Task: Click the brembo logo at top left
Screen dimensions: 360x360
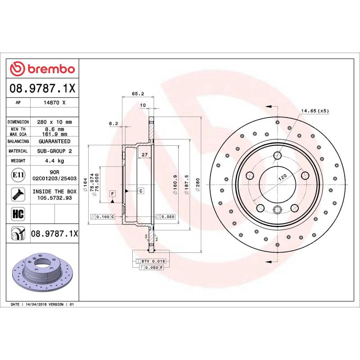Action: [x=43, y=69]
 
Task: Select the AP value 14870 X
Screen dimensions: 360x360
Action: [x=54, y=103]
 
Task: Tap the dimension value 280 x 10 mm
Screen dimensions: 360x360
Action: [x=54, y=122]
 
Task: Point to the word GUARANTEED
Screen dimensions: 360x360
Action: [x=54, y=141]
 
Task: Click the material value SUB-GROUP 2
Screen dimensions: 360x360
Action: [x=54, y=151]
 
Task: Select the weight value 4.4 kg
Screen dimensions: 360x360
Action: [x=54, y=161]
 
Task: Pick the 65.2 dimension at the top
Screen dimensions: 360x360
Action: [x=138, y=94]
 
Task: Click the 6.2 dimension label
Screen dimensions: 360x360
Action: [x=113, y=123]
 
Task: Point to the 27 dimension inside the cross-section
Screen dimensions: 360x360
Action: [x=144, y=155]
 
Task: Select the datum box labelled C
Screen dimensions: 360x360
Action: [x=141, y=191]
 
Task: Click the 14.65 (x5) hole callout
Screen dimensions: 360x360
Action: [x=315, y=111]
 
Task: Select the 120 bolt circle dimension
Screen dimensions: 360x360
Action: [x=282, y=178]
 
